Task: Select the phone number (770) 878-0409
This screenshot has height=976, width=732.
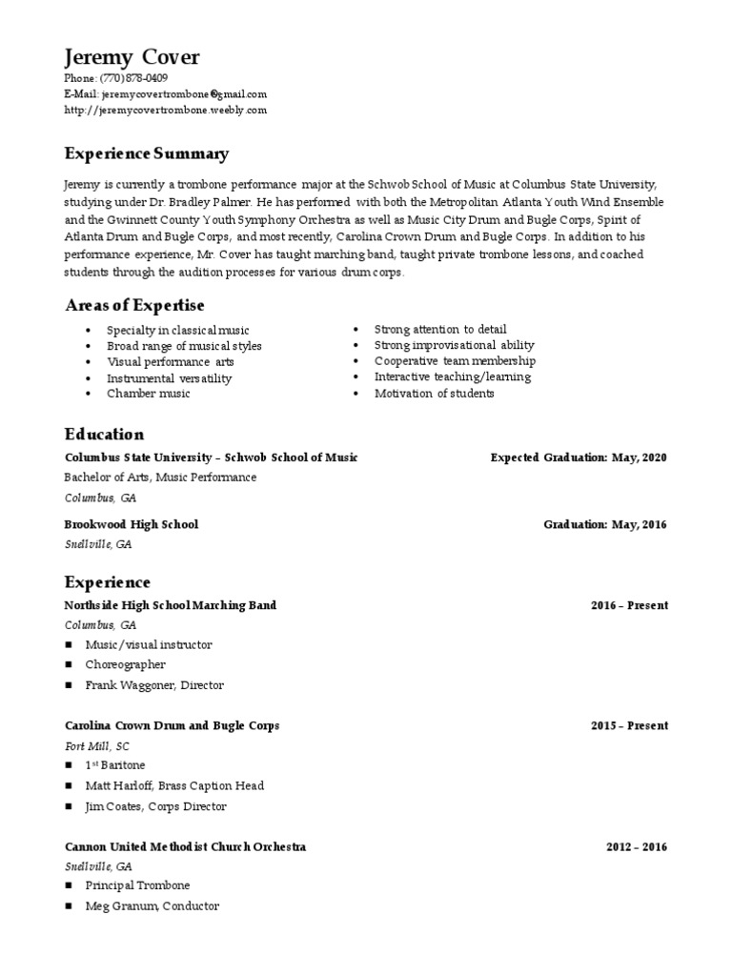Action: [x=133, y=78]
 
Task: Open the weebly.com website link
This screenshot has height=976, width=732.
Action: [x=166, y=111]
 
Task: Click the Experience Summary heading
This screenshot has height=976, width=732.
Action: [x=146, y=153]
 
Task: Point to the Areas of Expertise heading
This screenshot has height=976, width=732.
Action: [x=134, y=305]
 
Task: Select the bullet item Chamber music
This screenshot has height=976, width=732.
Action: [x=148, y=394]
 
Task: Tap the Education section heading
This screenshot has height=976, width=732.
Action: [x=104, y=435]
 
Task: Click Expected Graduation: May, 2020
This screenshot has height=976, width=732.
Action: [x=579, y=457]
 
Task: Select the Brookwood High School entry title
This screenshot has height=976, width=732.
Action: [x=132, y=524]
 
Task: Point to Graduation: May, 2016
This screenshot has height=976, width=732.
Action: [x=605, y=524]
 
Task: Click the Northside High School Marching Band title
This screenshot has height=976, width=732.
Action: [x=171, y=605]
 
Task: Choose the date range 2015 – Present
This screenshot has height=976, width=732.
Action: [x=629, y=725]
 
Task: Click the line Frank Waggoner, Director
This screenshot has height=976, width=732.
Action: [x=154, y=685]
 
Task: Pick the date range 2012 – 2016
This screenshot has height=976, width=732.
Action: [x=637, y=846]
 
